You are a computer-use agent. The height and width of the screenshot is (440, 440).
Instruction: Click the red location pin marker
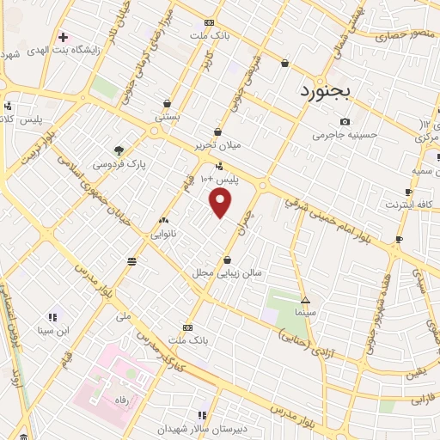point(222,203)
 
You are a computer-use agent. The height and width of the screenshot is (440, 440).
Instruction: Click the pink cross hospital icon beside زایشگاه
point(62,37)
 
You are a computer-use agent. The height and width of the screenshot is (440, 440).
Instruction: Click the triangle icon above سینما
point(305,300)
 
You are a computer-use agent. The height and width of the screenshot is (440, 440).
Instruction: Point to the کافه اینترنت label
point(405,205)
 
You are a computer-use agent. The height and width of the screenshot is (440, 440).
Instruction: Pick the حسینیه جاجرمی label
point(341,135)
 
